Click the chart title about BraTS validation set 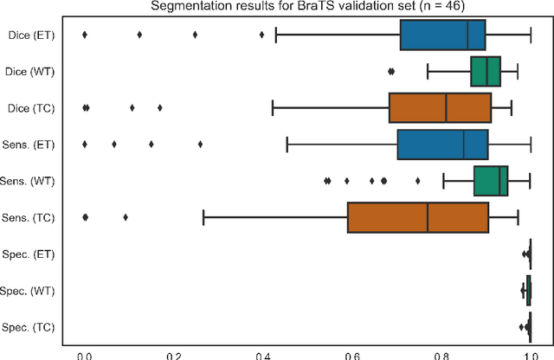pyautogui.click(x=306, y=8)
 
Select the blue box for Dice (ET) pyautogui.click(x=442, y=35)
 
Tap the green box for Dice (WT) pyautogui.click(x=486, y=72)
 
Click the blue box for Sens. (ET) pyautogui.click(x=442, y=145)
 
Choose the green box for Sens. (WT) pyautogui.click(x=491, y=182)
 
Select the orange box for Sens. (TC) pyautogui.click(x=418, y=218)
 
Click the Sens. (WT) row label pyautogui.click(x=29, y=182)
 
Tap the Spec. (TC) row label pyautogui.click(x=29, y=328)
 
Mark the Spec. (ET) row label pyautogui.click(x=29, y=254)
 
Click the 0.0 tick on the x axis pyautogui.click(x=84, y=353)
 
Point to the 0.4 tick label pyautogui.click(x=262, y=353)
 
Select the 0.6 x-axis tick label pyautogui.click(x=351, y=353)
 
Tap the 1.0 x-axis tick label pyautogui.click(x=530, y=353)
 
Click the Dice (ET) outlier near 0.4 pyautogui.click(x=261, y=35)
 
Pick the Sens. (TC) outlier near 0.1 pyautogui.click(x=126, y=218)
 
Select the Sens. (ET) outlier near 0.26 pyautogui.click(x=200, y=145)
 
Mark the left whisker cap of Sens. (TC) pyautogui.click(x=203, y=218)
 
